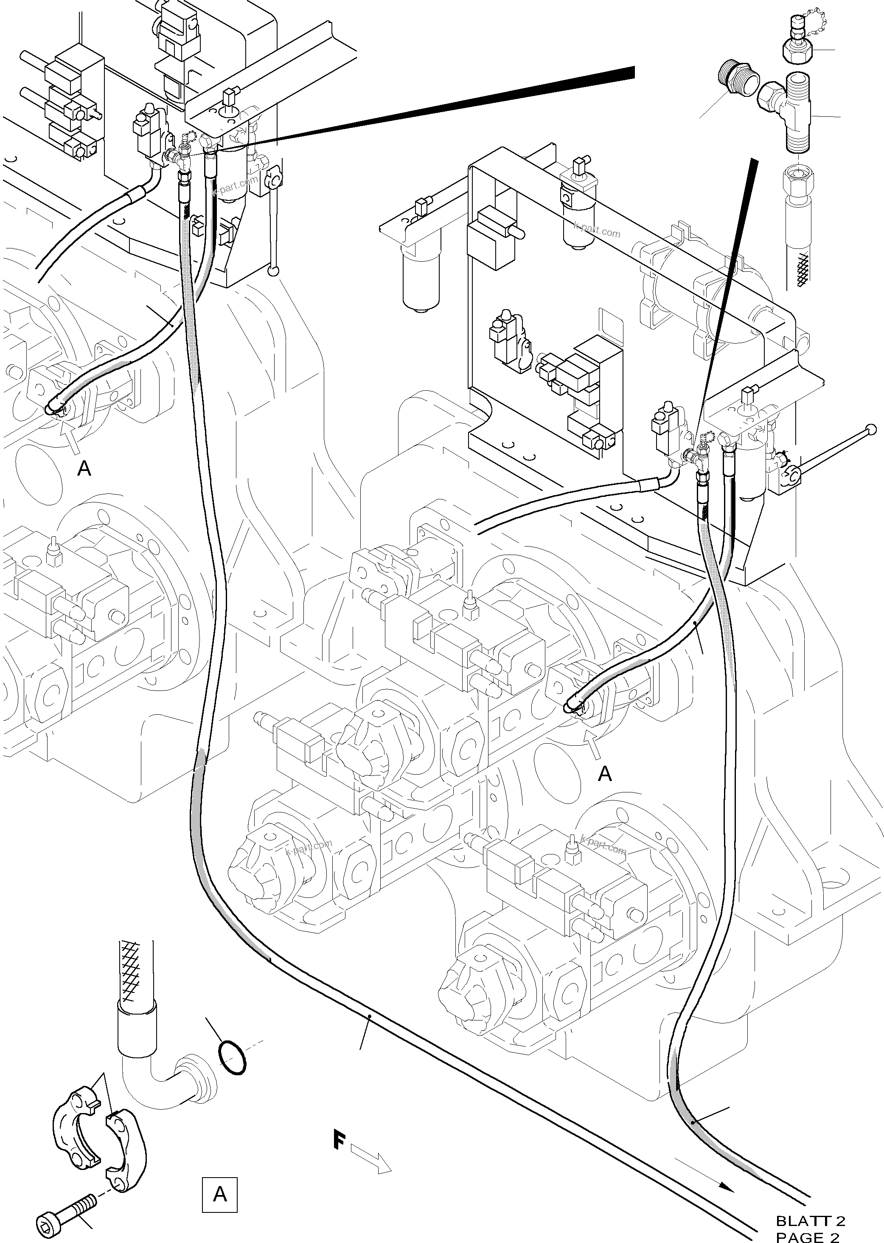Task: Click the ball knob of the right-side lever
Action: (x=871, y=428)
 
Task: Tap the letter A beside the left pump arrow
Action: (x=84, y=468)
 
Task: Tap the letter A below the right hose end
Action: (x=605, y=773)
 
